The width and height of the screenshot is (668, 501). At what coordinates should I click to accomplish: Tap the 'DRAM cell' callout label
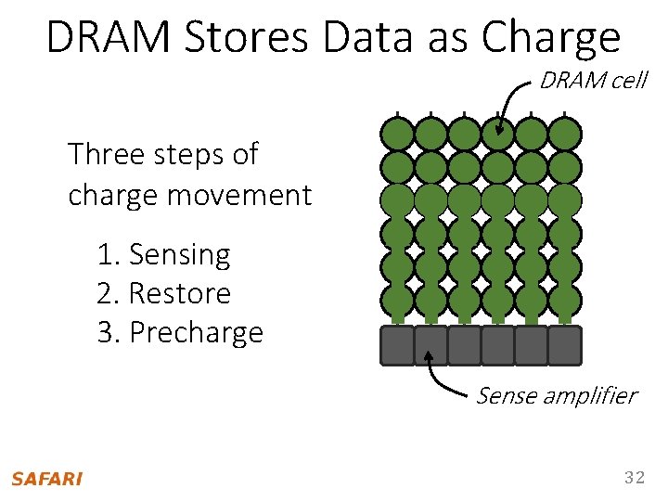[x=593, y=81]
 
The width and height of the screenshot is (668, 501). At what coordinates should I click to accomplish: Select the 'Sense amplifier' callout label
[x=556, y=396]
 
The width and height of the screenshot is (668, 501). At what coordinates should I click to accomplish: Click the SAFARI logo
[x=46, y=479]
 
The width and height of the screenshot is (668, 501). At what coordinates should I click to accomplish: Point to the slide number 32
[x=634, y=478]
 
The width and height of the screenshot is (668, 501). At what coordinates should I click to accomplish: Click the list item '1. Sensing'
[x=163, y=254]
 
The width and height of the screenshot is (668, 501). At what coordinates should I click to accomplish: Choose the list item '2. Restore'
[x=163, y=293]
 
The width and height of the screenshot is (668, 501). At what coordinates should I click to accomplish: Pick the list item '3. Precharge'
[x=180, y=332]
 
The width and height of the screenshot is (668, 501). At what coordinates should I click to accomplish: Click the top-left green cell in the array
[x=398, y=135]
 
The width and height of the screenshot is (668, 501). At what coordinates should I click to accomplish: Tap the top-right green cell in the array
[x=564, y=135]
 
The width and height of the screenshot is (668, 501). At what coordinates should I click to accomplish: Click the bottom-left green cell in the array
[x=398, y=300]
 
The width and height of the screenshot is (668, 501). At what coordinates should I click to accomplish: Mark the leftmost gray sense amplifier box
[x=398, y=345]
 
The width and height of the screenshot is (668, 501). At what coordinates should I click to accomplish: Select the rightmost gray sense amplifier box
[x=564, y=345]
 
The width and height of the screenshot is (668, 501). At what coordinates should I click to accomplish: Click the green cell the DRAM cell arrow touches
[x=498, y=135]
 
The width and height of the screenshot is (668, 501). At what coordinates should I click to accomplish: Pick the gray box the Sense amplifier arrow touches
[x=430, y=345]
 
